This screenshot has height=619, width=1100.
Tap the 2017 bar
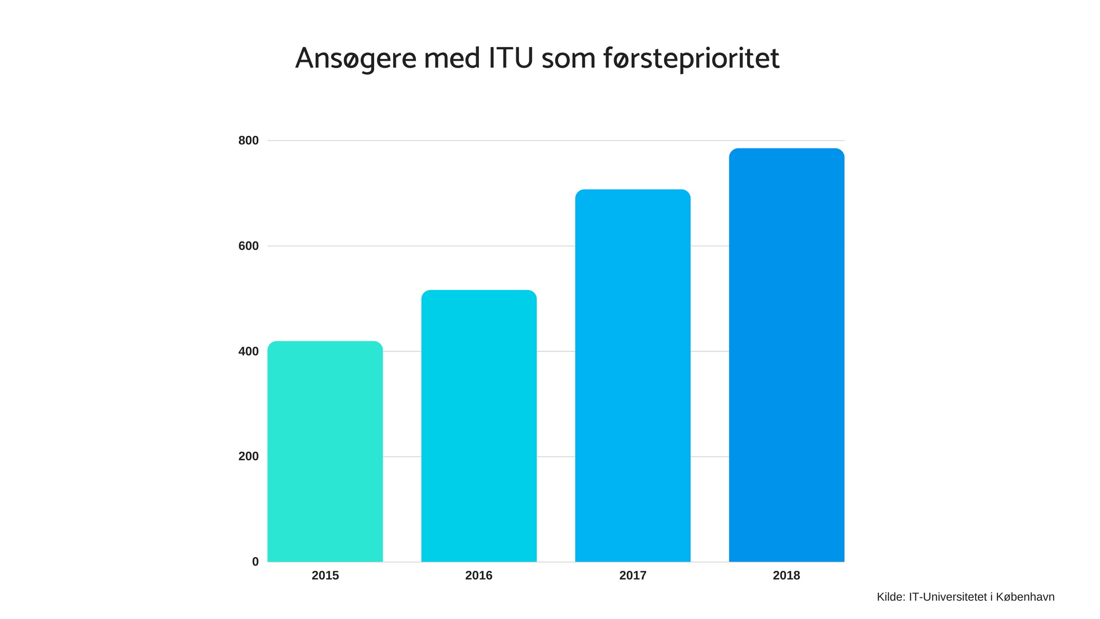pyautogui.click(x=632, y=375)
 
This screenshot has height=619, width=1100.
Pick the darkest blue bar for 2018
pyautogui.click(x=787, y=355)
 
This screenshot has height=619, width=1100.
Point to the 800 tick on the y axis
pyautogui.click(x=249, y=140)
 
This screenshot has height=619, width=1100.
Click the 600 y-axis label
pyautogui.click(x=249, y=246)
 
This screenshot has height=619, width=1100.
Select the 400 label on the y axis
pyautogui.click(x=249, y=351)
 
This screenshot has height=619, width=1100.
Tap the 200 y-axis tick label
pyautogui.click(x=249, y=456)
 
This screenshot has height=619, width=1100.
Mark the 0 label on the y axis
pyautogui.click(x=256, y=562)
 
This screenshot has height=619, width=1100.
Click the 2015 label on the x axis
pyautogui.click(x=325, y=575)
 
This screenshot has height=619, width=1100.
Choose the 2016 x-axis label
pyautogui.click(x=479, y=575)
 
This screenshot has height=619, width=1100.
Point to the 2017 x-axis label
pyautogui.click(x=632, y=575)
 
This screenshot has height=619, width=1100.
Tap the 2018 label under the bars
pyautogui.click(x=787, y=575)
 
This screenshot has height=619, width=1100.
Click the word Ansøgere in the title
pyautogui.click(x=356, y=58)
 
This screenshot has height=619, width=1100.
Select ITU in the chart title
pyautogui.click(x=511, y=58)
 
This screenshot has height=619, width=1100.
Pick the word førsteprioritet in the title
pyautogui.click(x=692, y=58)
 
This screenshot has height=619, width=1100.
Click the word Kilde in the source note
pyautogui.click(x=890, y=597)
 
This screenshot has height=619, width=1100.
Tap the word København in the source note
pyautogui.click(x=1025, y=597)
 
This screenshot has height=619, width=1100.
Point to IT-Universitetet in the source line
pyautogui.click(x=948, y=597)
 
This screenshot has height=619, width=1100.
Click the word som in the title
pyautogui.click(x=568, y=58)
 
